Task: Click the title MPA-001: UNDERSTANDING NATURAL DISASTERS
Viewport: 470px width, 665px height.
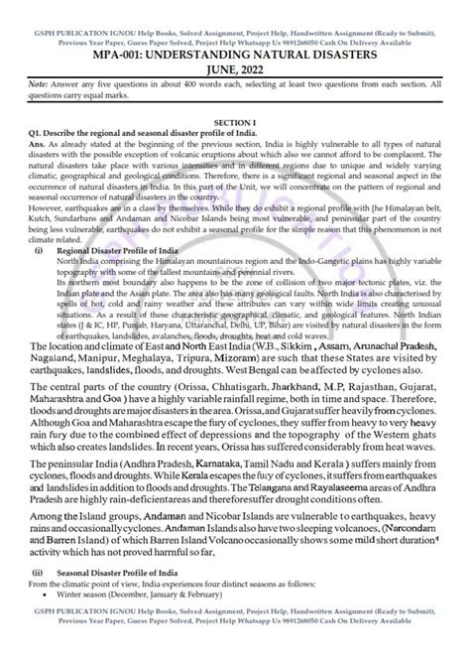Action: click(x=235, y=39)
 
